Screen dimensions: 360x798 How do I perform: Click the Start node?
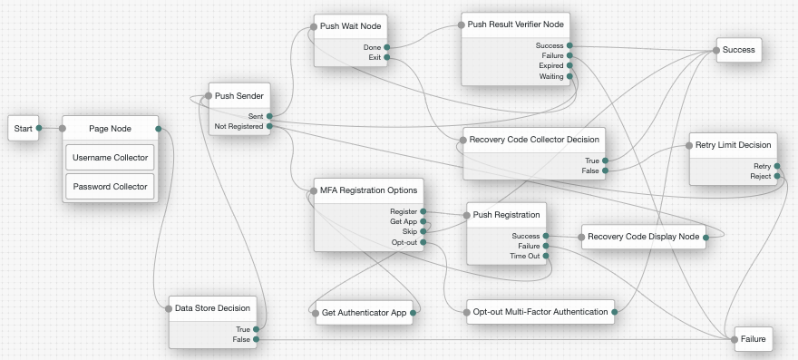coord(24,129)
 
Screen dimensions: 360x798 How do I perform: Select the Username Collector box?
coord(110,158)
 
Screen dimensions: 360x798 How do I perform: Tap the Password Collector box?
coord(110,187)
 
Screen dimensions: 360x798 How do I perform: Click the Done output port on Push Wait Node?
coord(387,46)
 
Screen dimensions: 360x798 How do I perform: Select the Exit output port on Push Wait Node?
coord(387,57)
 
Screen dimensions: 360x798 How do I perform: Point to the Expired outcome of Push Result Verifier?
coord(569,66)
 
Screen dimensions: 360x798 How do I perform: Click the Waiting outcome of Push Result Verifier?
coord(569,77)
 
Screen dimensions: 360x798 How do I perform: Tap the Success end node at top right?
coord(738,50)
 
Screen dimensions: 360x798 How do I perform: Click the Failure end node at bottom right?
coord(752,339)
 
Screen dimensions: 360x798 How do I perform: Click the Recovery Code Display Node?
coord(644,237)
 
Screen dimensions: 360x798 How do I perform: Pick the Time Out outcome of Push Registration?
coord(546,257)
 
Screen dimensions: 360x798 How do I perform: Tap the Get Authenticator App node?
coord(361,314)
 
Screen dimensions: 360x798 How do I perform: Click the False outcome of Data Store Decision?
coord(256,339)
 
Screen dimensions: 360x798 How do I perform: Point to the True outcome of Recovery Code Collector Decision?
coord(605,160)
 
